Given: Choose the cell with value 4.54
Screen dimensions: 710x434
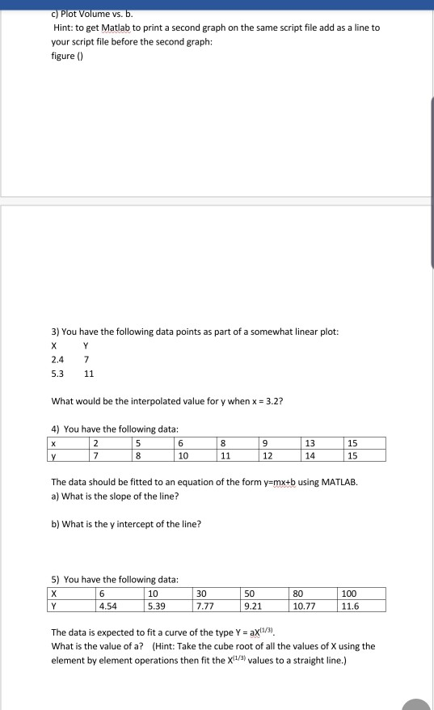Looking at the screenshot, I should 107,605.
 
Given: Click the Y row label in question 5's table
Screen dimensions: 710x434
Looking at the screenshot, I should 55,605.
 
